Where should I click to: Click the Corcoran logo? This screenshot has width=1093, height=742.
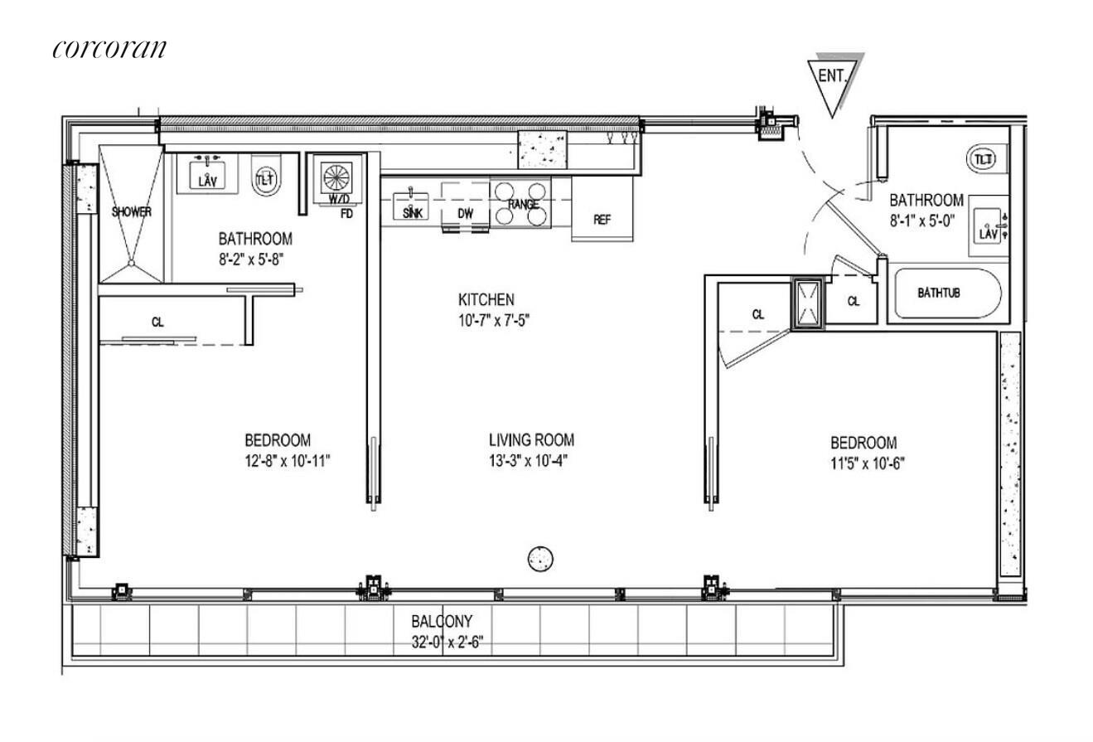(109, 49)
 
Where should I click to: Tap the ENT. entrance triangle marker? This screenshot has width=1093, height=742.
(833, 83)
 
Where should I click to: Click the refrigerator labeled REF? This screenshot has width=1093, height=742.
(602, 208)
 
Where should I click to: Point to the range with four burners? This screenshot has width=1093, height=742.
(520, 204)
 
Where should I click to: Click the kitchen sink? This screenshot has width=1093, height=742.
(411, 206)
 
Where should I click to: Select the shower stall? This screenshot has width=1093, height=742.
(131, 213)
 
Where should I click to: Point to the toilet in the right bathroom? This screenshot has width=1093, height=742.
(982, 158)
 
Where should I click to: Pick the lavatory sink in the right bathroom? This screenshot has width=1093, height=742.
(989, 226)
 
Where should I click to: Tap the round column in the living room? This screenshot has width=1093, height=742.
(540, 559)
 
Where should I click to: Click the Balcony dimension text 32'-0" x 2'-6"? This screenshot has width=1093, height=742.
(447, 642)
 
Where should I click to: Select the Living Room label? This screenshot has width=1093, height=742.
(531, 440)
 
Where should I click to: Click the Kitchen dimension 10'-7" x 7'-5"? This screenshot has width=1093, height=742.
(494, 320)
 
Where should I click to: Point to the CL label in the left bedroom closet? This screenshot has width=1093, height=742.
(157, 323)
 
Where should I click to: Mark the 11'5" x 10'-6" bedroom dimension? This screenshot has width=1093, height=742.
(868, 463)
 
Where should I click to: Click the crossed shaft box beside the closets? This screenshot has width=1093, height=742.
(808, 303)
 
